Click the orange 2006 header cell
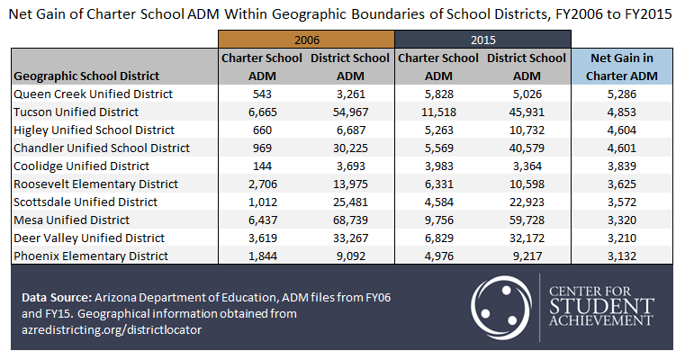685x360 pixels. pyautogui.click(x=306, y=40)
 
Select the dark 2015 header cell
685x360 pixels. pyautogui.click(x=483, y=40)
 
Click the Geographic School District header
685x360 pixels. pyautogui.click(x=86, y=76)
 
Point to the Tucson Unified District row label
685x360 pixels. pyautogui.click(x=76, y=112)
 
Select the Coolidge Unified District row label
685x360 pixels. pyautogui.click(x=82, y=166)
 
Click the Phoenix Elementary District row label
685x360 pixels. pyautogui.click(x=90, y=256)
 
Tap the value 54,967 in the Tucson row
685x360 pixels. pyautogui.click(x=349, y=112)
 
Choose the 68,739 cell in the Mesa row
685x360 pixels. pyautogui.click(x=349, y=220)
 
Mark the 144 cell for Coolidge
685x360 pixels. pyautogui.click(x=262, y=166)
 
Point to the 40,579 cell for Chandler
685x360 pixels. pyautogui.click(x=527, y=148)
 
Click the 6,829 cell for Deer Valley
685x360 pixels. pyautogui.click(x=438, y=238)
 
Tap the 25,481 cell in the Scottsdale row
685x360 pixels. pyautogui.click(x=349, y=202)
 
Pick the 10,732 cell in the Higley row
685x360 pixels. pyautogui.click(x=527, y=130)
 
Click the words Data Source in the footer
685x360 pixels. pyautogui.click(x=60, y=296)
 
